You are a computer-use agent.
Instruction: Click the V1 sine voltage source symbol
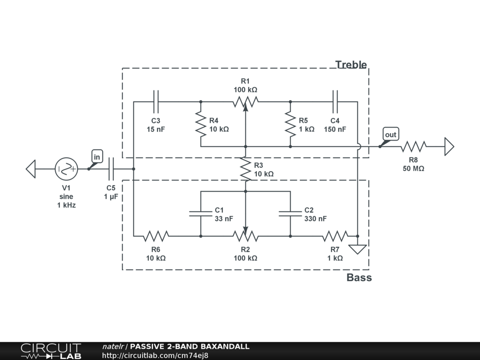tap(66, 169)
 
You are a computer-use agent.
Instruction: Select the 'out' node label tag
tap(390, 135)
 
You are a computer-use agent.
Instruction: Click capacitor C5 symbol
tap(111, 169)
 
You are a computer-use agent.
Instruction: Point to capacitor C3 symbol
tap(156, 101)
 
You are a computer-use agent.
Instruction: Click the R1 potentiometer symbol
tap(246, 101)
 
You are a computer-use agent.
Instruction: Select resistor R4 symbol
tap(201, 124)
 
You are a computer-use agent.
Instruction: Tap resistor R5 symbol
tap(291, 124)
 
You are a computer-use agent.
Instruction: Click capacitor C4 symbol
tap(336, 101)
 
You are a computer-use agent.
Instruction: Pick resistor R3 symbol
tap(246, 169)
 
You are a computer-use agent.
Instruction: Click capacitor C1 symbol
tap(201, 214)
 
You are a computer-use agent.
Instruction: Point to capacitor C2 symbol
tap(291, 214)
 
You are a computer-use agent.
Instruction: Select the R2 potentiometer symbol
tap(246, 235)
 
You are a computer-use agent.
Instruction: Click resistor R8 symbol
tap(413, 147)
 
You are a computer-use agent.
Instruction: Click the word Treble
tap(351, 65)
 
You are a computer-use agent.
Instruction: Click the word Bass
tap(359, 277)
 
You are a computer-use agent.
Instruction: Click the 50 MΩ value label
tap(413, 168)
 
